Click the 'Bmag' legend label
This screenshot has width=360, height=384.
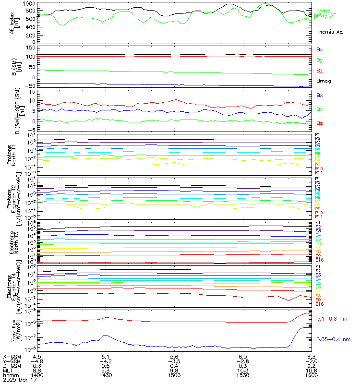tap(323, 81)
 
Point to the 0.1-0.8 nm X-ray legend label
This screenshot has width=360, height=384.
tap(333, 319)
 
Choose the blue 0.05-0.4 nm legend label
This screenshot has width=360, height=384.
tap(334, 339)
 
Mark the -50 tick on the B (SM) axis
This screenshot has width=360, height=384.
tap(28, 86)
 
